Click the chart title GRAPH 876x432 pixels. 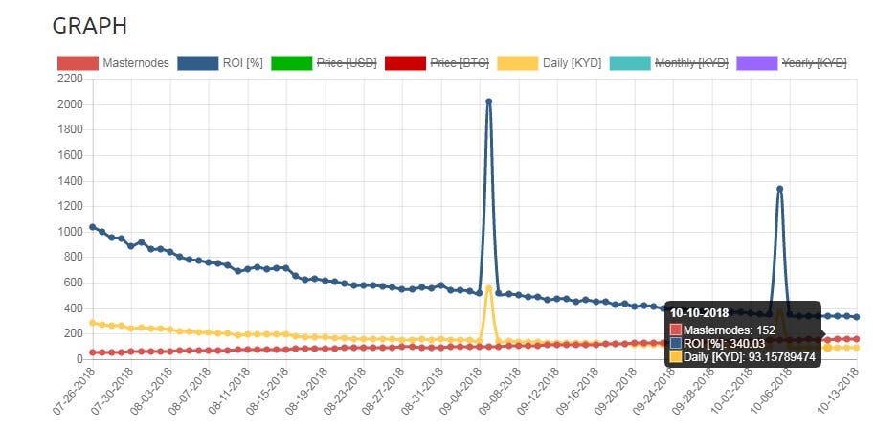click(89, 26)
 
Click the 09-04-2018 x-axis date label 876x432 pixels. click(459, 394)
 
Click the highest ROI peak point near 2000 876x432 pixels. click(488, 101)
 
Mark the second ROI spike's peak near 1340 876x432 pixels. click(779, 189)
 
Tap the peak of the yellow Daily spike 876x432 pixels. click(488, 287)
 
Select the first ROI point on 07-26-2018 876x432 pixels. click(92, 227)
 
